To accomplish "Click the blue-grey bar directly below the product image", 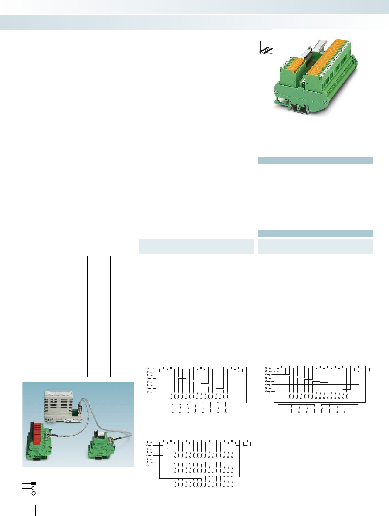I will click(315, 160).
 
